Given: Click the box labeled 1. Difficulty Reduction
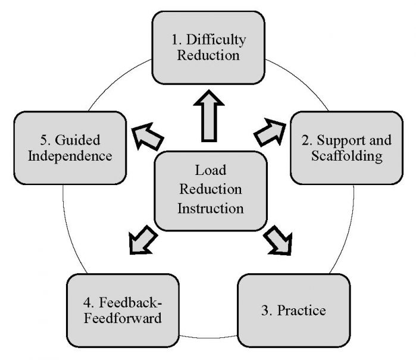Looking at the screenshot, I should coord(208,48).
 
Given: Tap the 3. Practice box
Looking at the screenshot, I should coord(293,311).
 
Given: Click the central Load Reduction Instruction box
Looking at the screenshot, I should coord(210,190).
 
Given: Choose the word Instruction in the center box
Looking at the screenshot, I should coord(210,208).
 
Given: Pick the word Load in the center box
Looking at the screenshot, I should coord(210,171).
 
